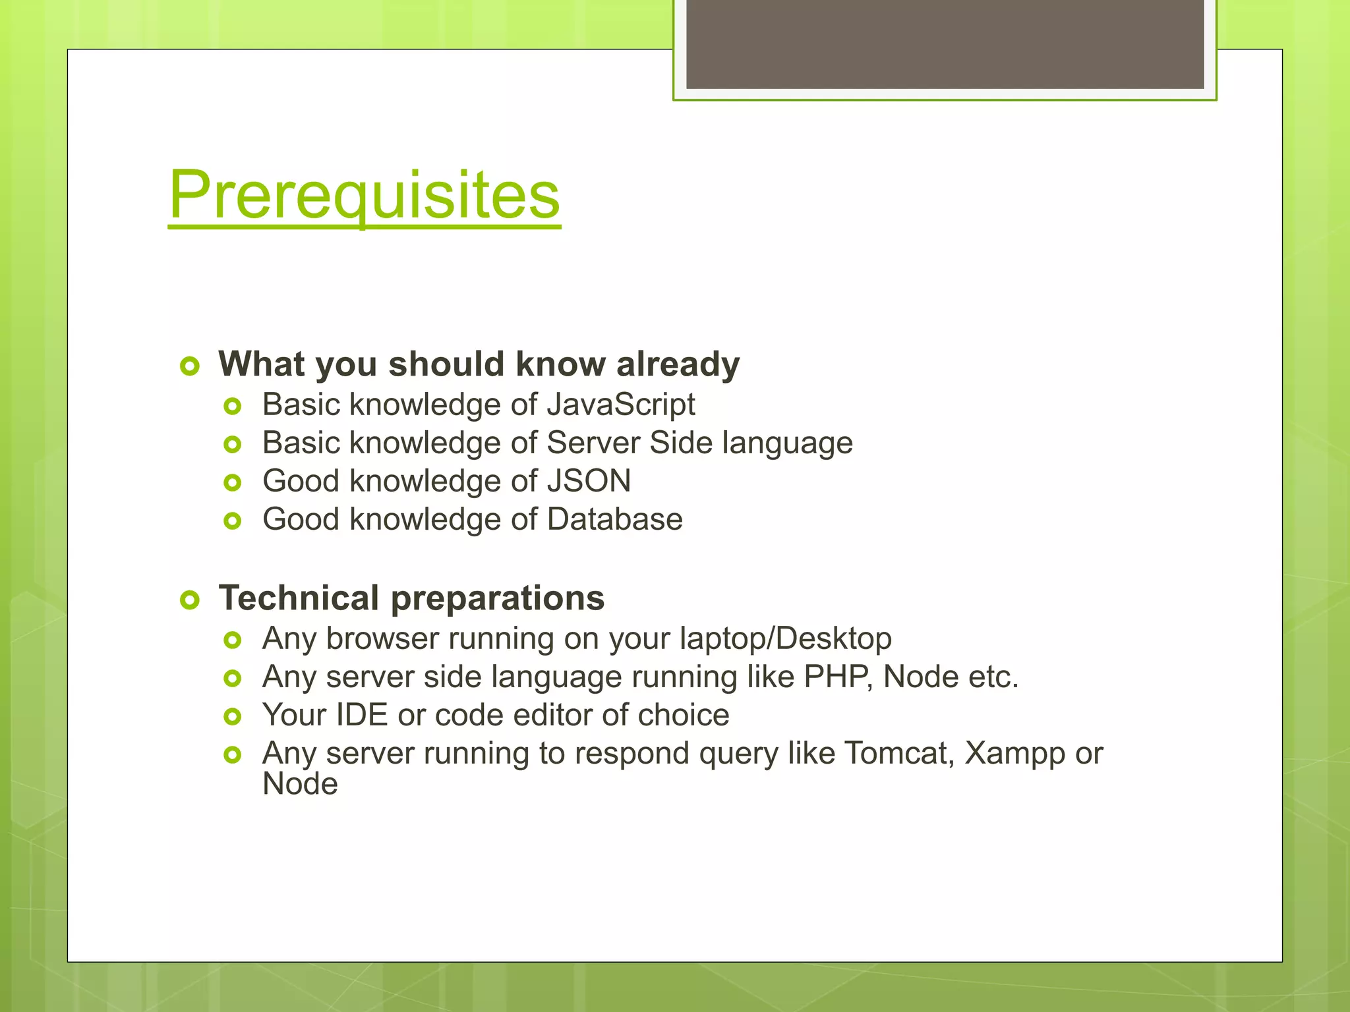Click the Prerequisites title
[x=364, y=195]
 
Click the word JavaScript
[x=620, y=405]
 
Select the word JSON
[x=589, y=481]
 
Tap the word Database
[x=614, y=519]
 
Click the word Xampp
[x=1014, y=754]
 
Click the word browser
[x=382, y=639]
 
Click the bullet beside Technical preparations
[x=190, y=600]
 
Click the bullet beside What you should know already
[x=190, y=366]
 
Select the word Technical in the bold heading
[x=299, y=598]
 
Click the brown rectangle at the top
[x=945, y=43]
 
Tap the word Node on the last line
[x=300, y=784]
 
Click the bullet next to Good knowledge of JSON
[x=232, y=483]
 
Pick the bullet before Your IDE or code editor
[x=232, y=717]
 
